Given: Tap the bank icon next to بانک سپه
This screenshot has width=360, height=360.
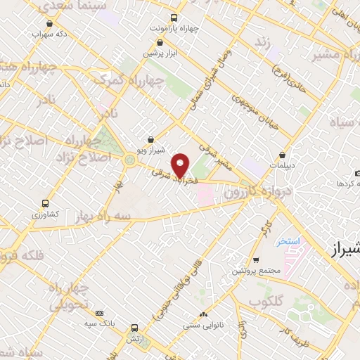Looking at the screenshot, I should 99,312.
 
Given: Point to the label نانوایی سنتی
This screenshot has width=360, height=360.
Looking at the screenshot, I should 203,326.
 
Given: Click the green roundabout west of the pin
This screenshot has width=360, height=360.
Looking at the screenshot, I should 129,160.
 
